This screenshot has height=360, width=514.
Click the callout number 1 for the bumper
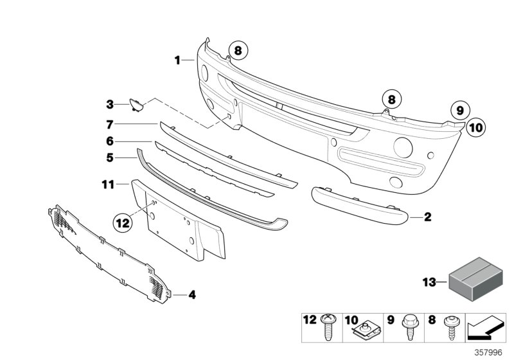177,60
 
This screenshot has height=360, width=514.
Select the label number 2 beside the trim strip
428,217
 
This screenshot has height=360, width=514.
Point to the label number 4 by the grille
191,295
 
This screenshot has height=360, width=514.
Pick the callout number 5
110,157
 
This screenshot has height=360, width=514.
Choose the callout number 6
110,141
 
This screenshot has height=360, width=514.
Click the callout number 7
110,123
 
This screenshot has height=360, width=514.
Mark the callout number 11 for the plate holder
107,184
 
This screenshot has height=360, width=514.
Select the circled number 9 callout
459,111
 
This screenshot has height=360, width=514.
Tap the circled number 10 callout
474,128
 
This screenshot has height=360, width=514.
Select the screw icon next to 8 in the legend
449,328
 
